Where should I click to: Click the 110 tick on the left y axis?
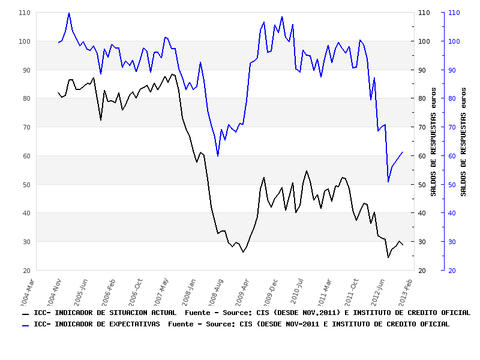(25, 13)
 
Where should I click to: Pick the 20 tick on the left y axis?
(26, 271)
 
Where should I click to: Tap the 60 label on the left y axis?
(26, 156)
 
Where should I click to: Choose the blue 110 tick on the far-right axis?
(454, 13)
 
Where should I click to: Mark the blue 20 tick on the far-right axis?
(451, 271)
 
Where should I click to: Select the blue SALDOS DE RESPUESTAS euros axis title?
(463, 150)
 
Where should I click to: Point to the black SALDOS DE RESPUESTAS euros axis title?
(433, 150)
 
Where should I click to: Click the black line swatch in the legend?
(25, 314)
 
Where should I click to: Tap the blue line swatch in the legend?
(25, 325)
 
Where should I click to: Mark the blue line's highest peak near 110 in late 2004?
(69, 13)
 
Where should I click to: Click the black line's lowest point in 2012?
(388, 257)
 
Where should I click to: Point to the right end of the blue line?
(403, 152)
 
